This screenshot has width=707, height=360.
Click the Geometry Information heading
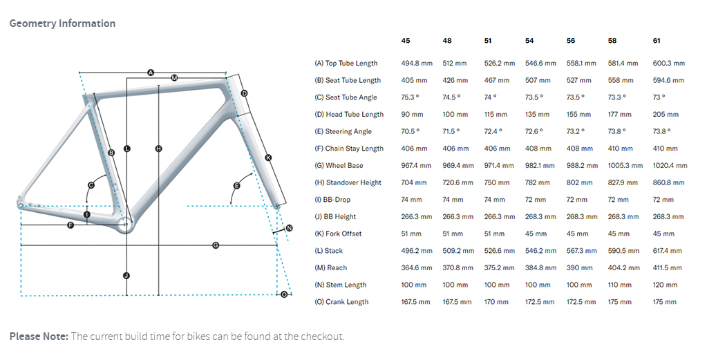(62, 23)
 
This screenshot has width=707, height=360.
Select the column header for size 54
(530, 41)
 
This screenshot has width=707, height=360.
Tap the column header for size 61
(657, 41)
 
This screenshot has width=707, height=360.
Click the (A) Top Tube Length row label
(346, 64)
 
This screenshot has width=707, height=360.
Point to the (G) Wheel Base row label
(339, 166)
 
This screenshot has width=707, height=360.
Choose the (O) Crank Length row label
(341, 302)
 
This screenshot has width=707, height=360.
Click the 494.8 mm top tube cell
(417, 64)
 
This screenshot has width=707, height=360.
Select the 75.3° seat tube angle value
(411, 97)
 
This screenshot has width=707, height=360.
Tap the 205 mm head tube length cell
(666, 115)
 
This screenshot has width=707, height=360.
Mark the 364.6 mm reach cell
(417, 268)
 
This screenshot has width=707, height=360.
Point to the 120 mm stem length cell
(666, 285)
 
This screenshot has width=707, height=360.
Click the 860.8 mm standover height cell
(668, 183)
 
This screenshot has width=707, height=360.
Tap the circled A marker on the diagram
(151, 72)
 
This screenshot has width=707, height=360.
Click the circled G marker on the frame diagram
(216, 245)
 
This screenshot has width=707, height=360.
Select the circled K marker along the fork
(268, 158)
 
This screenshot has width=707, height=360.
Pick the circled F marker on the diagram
(70, 226)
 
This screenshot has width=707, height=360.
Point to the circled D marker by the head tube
(244, 93)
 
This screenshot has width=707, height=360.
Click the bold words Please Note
(39, 337)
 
